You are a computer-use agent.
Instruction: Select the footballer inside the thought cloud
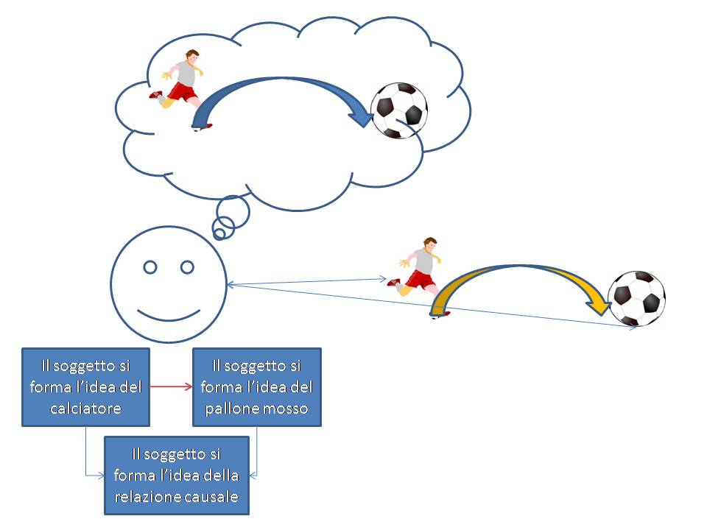(182, 85)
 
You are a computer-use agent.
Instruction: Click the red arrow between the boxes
(170, 385)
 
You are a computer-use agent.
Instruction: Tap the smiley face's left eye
(150, 267)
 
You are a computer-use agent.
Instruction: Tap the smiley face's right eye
(187, 266)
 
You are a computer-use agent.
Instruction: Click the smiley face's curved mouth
(169, 316)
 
